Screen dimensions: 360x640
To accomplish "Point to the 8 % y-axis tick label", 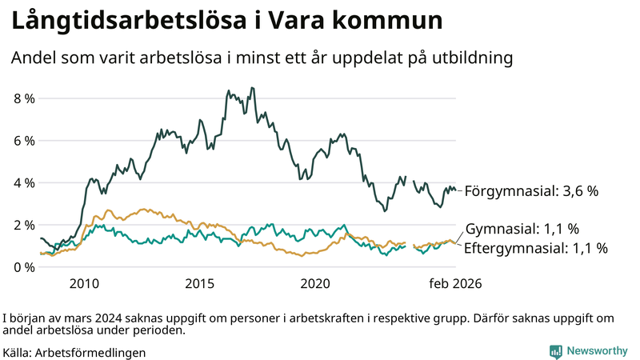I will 24,98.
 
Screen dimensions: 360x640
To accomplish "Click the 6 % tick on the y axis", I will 24,141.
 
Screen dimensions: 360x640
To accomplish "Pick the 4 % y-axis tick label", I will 24,182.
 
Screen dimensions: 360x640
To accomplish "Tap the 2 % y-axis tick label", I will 24,225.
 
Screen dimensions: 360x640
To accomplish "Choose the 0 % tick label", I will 24,266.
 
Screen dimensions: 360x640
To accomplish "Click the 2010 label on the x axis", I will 84,283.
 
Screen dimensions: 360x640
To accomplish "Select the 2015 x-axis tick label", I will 199,283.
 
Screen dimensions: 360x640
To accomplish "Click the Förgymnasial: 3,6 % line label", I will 531,191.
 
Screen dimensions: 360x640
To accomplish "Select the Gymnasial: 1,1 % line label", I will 522,229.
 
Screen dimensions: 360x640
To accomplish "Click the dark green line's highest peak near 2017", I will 253,88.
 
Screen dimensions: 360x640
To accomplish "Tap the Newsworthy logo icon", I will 555,350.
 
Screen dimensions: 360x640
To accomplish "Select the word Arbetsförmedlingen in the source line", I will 90,352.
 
